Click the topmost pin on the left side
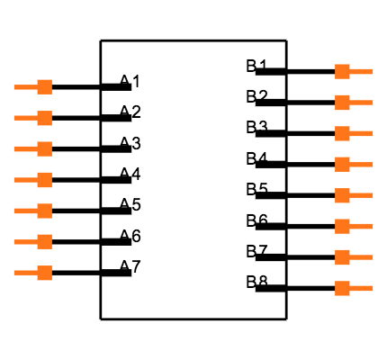click(36, 87)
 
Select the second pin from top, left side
click(36, 118)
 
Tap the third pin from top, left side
click(36, 148)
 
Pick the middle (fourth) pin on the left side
click(36, 180)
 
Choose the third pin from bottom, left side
click(36, 211)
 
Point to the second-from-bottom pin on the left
click(36, 241)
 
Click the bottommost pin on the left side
click(36, 273)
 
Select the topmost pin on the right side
click(351, 71)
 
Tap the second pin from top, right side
click(351, 103)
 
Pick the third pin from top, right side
click(351, 133)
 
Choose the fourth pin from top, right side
click(351, 164)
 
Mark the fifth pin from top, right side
click(351, 195)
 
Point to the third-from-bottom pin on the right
click(351, 226)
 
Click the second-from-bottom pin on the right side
click(351, 257)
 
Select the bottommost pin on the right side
click(351, 288)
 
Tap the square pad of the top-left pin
click(44, 87)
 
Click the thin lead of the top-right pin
click(362, 71)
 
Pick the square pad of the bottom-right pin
click(342, 288)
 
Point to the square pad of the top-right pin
click(342, 71)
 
